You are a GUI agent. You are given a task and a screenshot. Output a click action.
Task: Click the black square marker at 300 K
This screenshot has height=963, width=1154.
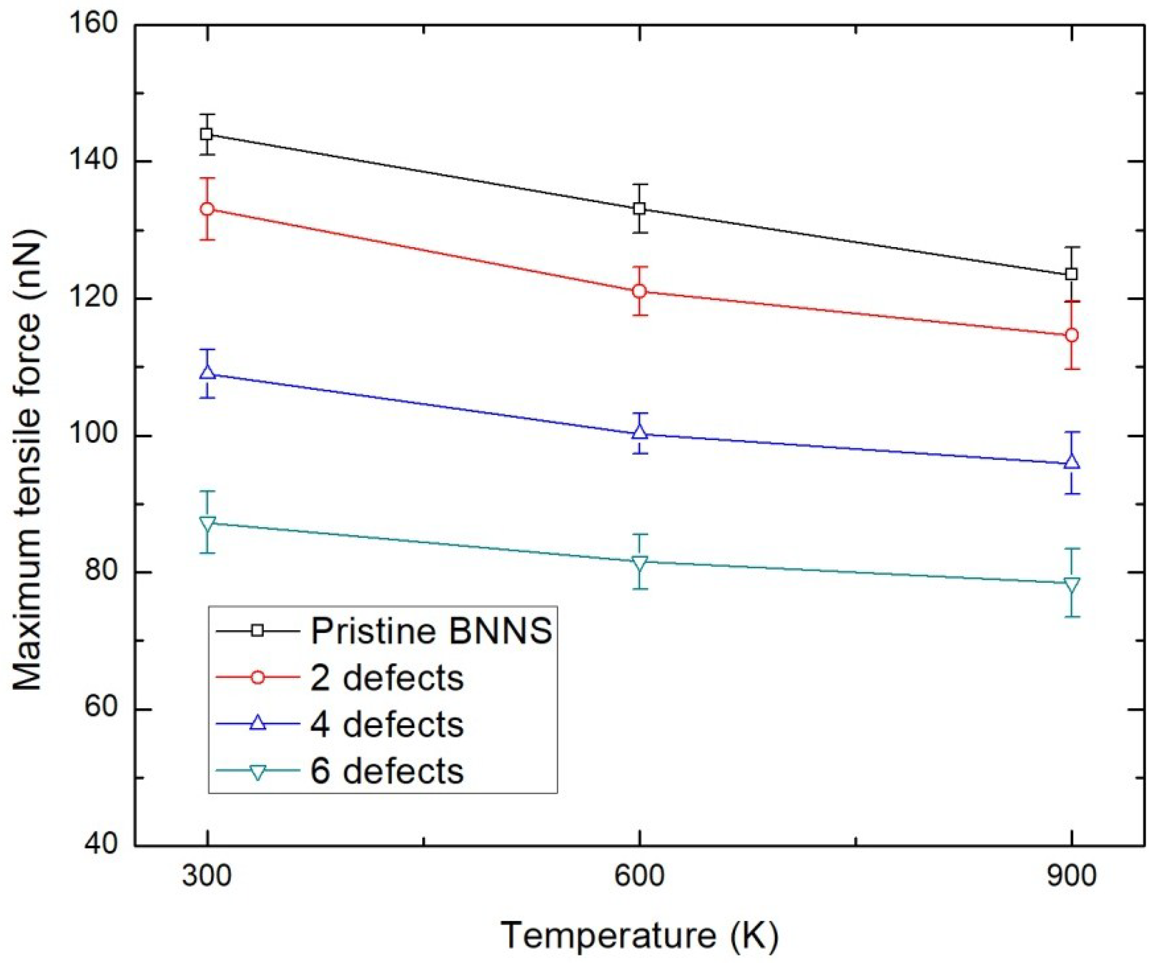[x=207, y=134]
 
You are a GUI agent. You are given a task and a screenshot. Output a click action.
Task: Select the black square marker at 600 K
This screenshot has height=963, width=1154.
[x=639, y=209]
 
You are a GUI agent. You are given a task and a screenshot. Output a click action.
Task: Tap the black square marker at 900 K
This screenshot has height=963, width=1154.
[x=1071, y=274]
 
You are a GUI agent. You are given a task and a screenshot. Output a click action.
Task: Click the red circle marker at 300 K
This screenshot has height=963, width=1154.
[x=207, y=209]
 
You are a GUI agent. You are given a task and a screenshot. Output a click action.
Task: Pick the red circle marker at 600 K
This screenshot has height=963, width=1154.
[x=639, y=291]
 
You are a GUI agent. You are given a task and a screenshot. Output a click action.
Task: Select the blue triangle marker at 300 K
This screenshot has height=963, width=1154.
[x=207, y=372]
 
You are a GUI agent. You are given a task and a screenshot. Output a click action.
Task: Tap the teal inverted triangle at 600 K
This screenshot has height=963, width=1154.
[x=639, y=563]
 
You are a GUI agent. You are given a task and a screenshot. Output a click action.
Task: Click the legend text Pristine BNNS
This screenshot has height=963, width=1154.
[x=431, y=631]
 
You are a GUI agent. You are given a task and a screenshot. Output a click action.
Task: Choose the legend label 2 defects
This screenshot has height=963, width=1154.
[x=387, y=678]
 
